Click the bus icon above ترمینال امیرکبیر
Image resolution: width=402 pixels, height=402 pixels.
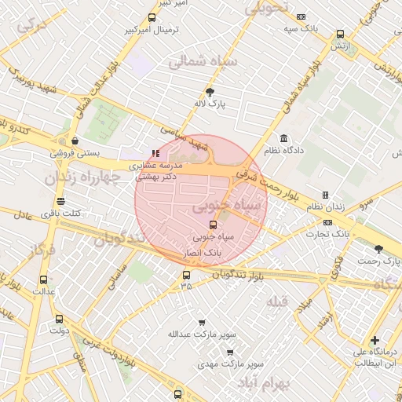[x=152, y=17]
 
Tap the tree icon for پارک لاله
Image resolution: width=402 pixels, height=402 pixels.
[x=209, y=91]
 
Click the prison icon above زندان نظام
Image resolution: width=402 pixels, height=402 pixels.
[x=325, y=195]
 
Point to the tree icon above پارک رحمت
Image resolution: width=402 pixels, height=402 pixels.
[x=379, y=249]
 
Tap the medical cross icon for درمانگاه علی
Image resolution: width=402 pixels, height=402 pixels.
[x=375, y=341]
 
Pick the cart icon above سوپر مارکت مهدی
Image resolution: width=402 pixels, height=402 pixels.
[x=229, y=353]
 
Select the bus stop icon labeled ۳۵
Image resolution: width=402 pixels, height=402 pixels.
[x=186, y=275]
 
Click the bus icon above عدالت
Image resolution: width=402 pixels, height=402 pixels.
[x=43, y=279]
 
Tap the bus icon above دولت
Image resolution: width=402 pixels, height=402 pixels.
[x=60, y=319]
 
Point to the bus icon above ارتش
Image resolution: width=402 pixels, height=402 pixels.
[x=340, y=35]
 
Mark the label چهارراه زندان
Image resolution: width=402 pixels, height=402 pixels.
[x=82, y=177]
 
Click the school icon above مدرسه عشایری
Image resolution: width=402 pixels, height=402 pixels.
[x=155, y=153]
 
